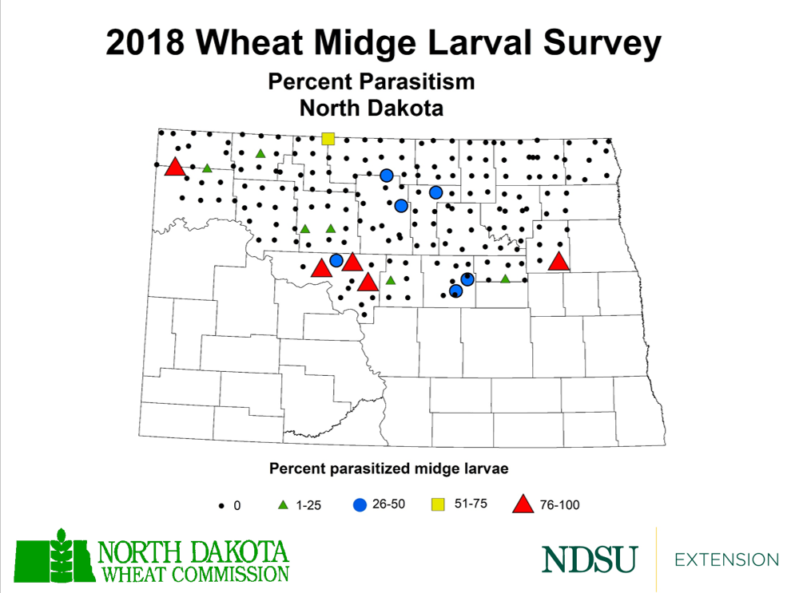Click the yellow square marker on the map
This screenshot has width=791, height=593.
click(x=328, y=139)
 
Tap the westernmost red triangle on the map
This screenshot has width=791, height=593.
click(x=174, y=168)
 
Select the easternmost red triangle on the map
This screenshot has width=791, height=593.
click(x=558, y=261)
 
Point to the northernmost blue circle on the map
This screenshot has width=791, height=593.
click(x=386, y=176)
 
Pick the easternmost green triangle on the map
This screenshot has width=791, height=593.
click(x=505, y=279)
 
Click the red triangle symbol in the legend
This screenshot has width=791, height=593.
click(x=523, y=504)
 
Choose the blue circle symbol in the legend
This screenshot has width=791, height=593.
click(x=360, y=504)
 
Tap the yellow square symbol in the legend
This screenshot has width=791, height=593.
click(x=438, y=504)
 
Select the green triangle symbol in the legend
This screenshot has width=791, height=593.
click(x=282, y=505)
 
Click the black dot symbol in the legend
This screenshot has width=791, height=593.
click(x=221, y=506)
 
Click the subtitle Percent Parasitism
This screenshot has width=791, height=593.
click(x=372, y=82)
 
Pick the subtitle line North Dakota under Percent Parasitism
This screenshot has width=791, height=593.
click(x=371, y=106)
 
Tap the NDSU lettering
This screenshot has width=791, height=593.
click(x=590, y=559)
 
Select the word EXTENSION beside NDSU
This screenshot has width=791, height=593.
click(x=726, y=559)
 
